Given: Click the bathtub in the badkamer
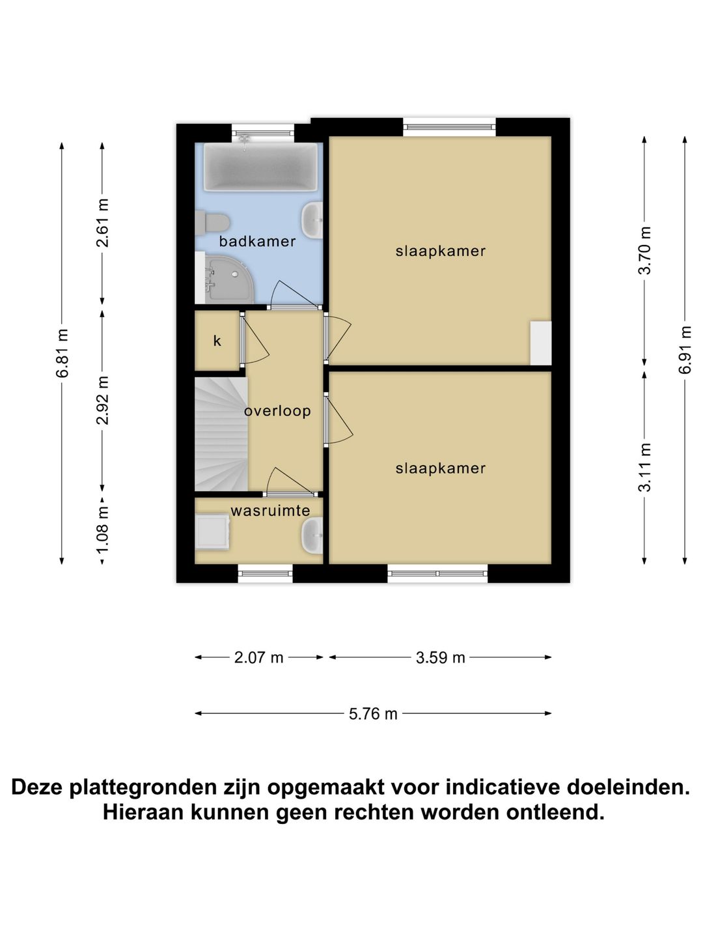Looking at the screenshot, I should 260,167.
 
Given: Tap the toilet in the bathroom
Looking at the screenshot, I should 213,222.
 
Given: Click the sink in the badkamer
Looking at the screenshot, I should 313,220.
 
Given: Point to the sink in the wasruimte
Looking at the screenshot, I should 312,535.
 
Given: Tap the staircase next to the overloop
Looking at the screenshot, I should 220,434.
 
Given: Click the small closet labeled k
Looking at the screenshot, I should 217,341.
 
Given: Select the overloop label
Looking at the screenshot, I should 277,411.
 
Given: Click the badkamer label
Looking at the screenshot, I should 257,242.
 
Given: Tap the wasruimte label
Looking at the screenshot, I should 270,511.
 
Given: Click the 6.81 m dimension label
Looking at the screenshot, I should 62,353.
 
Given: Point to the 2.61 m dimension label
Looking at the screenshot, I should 103,223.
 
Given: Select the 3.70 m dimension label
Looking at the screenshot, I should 644,250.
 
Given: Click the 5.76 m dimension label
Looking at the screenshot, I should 373,714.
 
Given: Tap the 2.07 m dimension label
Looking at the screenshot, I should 258,658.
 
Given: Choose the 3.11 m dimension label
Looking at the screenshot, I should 644,467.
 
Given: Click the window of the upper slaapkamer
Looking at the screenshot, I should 449,126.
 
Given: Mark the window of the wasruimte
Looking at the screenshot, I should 265,573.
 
